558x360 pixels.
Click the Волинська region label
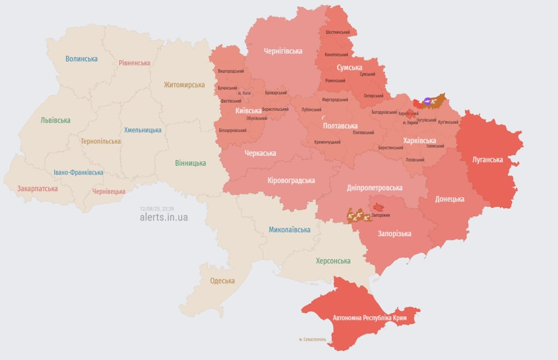click(82, 59)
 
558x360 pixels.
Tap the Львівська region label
click(55, 120)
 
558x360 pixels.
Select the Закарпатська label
click(37, 188)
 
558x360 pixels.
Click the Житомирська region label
click(184, 85)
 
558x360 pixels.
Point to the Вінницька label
click(190, 163)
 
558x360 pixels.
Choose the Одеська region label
click(222, 281)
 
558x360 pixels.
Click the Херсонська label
click(333, 261)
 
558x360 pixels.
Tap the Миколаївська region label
click(290, 230)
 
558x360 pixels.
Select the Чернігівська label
click(283, 51)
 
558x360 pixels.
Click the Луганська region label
click(488, 159)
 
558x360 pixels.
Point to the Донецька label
click(450, 199)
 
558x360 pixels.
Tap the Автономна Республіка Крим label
click(370, 318)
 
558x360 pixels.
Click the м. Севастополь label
click(312, 339)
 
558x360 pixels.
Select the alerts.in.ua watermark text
click(164, 217)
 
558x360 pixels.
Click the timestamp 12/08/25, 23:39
click(157, 209)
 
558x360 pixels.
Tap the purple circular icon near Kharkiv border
click(427, 100)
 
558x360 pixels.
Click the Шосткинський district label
click(337, 32)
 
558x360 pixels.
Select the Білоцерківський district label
click(232, 130)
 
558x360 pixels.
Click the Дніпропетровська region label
click(374, 187)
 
